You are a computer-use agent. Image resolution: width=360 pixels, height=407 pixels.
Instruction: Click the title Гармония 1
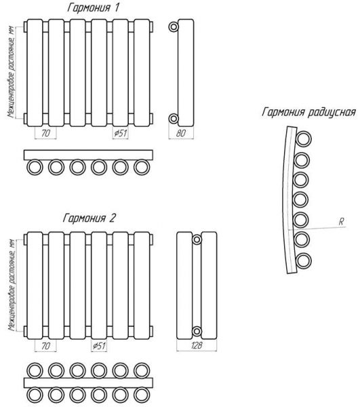coord(94,8)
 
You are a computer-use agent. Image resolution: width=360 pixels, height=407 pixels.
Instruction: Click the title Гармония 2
coord(89,218)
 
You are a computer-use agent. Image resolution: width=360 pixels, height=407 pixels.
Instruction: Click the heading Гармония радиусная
coord(308,113)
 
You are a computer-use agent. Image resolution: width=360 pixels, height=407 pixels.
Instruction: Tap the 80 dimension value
coord(181,133)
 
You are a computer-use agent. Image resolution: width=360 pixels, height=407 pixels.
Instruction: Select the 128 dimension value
coord(197,345)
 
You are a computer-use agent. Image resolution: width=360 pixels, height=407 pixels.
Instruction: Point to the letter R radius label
coord(341,222)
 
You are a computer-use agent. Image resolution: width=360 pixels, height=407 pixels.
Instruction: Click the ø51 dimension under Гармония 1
coord(121,133)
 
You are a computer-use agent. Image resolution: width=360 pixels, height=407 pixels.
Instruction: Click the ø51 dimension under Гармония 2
coord(99,346)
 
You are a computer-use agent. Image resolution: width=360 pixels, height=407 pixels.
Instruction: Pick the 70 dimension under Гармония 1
coord(45,134)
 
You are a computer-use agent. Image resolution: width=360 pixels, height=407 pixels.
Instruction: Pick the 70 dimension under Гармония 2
coord(45,346)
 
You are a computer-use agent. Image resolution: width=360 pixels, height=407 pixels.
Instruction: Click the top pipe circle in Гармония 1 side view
coord(174,26)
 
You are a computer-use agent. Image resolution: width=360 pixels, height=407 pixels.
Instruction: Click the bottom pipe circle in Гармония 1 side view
coord(174,119)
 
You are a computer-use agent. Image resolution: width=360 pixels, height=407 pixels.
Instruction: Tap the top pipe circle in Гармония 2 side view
coord(197,239)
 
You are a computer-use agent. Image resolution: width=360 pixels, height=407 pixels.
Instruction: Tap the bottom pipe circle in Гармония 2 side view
coord(197,331)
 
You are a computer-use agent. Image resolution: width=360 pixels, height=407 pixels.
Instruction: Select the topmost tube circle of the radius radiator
coord(304,139)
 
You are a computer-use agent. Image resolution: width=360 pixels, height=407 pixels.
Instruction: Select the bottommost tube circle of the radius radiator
coord(304,260)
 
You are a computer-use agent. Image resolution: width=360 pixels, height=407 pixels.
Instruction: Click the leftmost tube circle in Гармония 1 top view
coord(35,167)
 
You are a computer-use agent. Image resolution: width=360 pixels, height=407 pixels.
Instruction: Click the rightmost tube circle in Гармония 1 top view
coord(142,167)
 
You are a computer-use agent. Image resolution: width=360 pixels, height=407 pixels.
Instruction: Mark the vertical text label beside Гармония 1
coord(11,73)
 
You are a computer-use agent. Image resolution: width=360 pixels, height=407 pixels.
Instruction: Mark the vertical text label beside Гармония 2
coord(12,286)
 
